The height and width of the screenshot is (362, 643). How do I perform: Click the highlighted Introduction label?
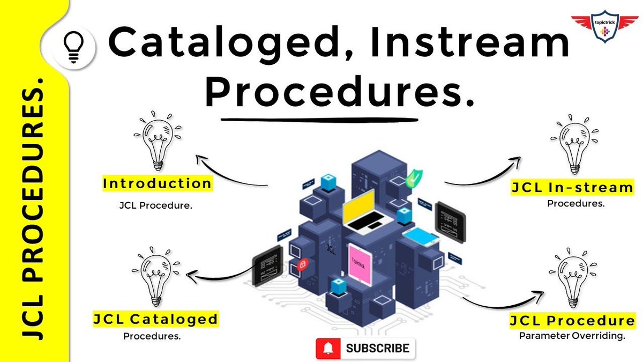coord(157,184)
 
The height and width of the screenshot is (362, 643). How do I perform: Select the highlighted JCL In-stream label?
coord(572,188)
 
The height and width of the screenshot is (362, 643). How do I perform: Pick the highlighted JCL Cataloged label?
coord(156,320)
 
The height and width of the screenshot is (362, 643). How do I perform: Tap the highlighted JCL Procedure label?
coord(572,321)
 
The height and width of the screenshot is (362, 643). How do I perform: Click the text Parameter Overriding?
coord(572,336)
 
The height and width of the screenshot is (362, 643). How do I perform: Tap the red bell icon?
coord(328,349)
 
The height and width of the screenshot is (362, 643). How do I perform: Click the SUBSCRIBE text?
coord(378,349)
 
